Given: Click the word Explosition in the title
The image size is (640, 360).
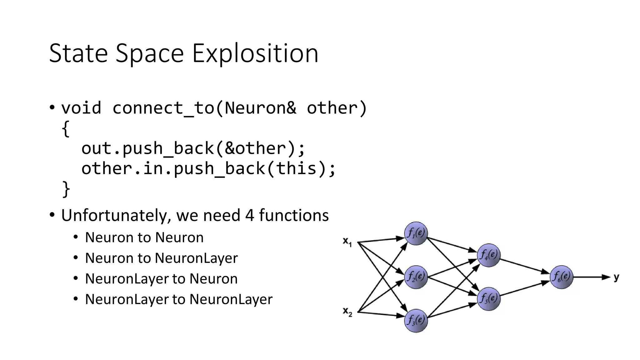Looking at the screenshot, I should [x=255, y=54].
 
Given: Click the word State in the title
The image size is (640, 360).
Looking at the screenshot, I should [x=78, y=54].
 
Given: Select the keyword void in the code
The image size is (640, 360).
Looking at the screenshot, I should [x=81, y=108].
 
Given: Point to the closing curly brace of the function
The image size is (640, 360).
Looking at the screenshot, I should [x=66, y=189].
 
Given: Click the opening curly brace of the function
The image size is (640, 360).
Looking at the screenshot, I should [x=65, y=128].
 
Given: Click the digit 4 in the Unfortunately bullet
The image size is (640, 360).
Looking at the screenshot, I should [x=250, y=216].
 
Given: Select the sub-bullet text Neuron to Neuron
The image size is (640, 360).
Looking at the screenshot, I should [x=144, y=237].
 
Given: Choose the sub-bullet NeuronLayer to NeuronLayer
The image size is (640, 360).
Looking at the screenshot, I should [x=178, y=299].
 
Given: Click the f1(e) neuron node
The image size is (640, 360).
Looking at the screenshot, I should [x=416, y=233].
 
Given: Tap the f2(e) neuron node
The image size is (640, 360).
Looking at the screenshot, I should [x=416, y=277].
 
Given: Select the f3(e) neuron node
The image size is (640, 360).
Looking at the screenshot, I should [x=416, y=320].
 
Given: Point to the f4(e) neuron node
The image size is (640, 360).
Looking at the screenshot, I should [x=489, y=255].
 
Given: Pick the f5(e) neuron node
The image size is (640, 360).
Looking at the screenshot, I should [x=489, y=299].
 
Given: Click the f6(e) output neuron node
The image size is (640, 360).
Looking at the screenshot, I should [x=561, y=277].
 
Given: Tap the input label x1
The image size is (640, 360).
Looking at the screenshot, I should [x=347, y=242].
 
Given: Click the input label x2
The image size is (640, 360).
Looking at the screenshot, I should [x=347, y=312].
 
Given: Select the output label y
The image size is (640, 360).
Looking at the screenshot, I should [x=616, y=277].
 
